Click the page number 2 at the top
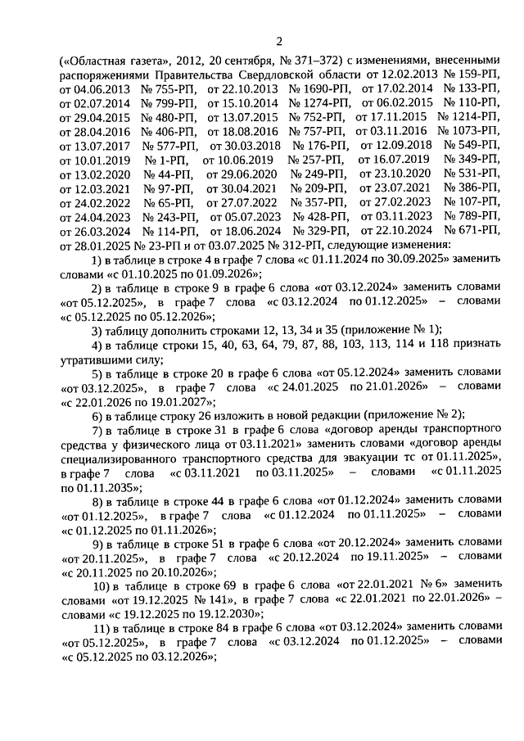[278, 42]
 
